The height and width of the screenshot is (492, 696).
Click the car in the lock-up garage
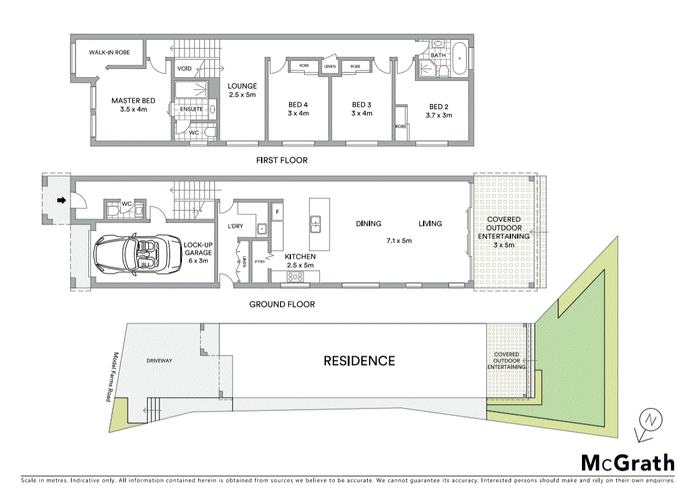click(x=131, y=254)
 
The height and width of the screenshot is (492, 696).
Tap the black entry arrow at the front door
click(x=62, y=201)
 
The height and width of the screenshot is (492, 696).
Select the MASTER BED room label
click(x=133, y=105)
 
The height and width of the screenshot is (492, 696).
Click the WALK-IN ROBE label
click(x=109, y=52)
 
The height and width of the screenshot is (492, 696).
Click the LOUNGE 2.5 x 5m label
click(x=242, y=90)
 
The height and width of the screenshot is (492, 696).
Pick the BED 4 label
click(x=298, y=109)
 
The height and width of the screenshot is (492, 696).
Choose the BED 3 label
click(x=361, y=109)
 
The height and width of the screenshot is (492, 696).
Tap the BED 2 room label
click(x=439, y=111)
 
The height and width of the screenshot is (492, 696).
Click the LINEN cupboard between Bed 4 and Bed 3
click(x=330, y=66)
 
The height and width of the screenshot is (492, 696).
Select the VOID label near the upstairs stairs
click(x=184, y=69)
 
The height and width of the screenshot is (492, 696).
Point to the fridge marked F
click(x=277, y=212)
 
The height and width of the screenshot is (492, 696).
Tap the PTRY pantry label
click(x=260, y=262)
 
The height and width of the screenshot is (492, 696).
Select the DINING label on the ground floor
click(x=368, y=224)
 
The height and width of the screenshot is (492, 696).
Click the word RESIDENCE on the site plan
click(x=359, y=361)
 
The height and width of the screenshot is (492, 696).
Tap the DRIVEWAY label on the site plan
click(x=159, y=361)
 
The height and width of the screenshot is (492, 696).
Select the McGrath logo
click(x=627, y=463)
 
